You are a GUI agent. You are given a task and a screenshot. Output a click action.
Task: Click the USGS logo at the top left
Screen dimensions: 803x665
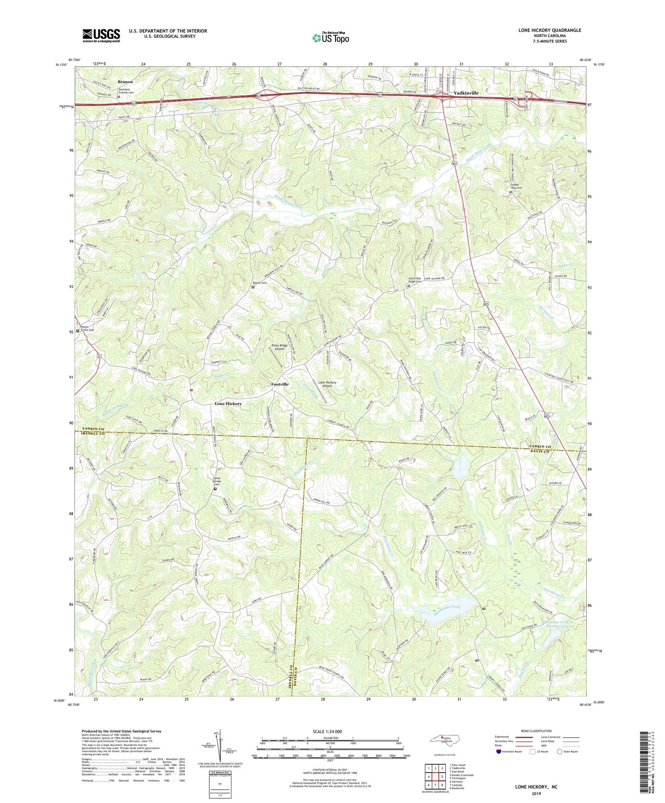(x=101, y=35)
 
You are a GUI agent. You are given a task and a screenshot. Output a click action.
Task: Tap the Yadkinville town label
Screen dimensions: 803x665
(x=466, y=93)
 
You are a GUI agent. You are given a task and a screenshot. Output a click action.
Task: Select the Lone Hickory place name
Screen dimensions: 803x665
(x=228, y=403)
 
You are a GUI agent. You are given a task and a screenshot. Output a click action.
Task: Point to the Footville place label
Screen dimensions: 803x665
(x=280, y=384)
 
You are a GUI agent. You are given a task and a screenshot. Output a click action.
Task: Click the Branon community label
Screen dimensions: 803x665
(x=125, y=82)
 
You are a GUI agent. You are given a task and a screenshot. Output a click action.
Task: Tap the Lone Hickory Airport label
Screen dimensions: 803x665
(x=327, y=384)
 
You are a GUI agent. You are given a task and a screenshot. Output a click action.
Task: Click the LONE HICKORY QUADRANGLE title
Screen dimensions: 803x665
(x=549, y=30)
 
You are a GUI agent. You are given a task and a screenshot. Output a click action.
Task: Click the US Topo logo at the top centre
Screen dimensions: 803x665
(x=330, y=38)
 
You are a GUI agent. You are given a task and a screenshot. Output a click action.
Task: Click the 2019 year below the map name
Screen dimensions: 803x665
(x=536, y=793)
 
